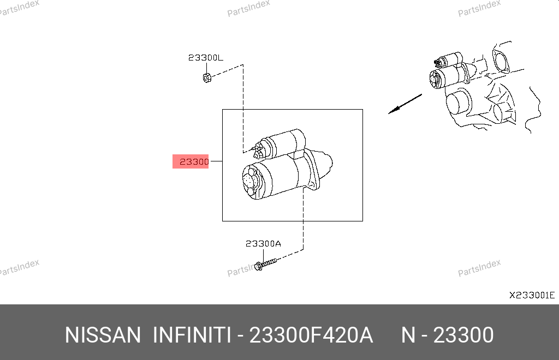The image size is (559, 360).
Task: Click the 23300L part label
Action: [x=206, y=58]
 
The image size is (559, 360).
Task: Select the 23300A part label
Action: [x=263, y=244]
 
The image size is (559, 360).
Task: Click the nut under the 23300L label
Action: [x=207, y=77]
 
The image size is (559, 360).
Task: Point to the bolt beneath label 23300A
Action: [x=265, y=264]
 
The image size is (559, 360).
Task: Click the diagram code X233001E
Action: [x=532, y=295]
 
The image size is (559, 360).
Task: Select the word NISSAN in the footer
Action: [x=103, y=335]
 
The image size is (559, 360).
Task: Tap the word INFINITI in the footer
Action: [x=192, y=335]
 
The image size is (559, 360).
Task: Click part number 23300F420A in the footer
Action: [x=311, y=335]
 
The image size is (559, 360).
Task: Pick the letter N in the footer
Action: [x=408, y=335]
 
